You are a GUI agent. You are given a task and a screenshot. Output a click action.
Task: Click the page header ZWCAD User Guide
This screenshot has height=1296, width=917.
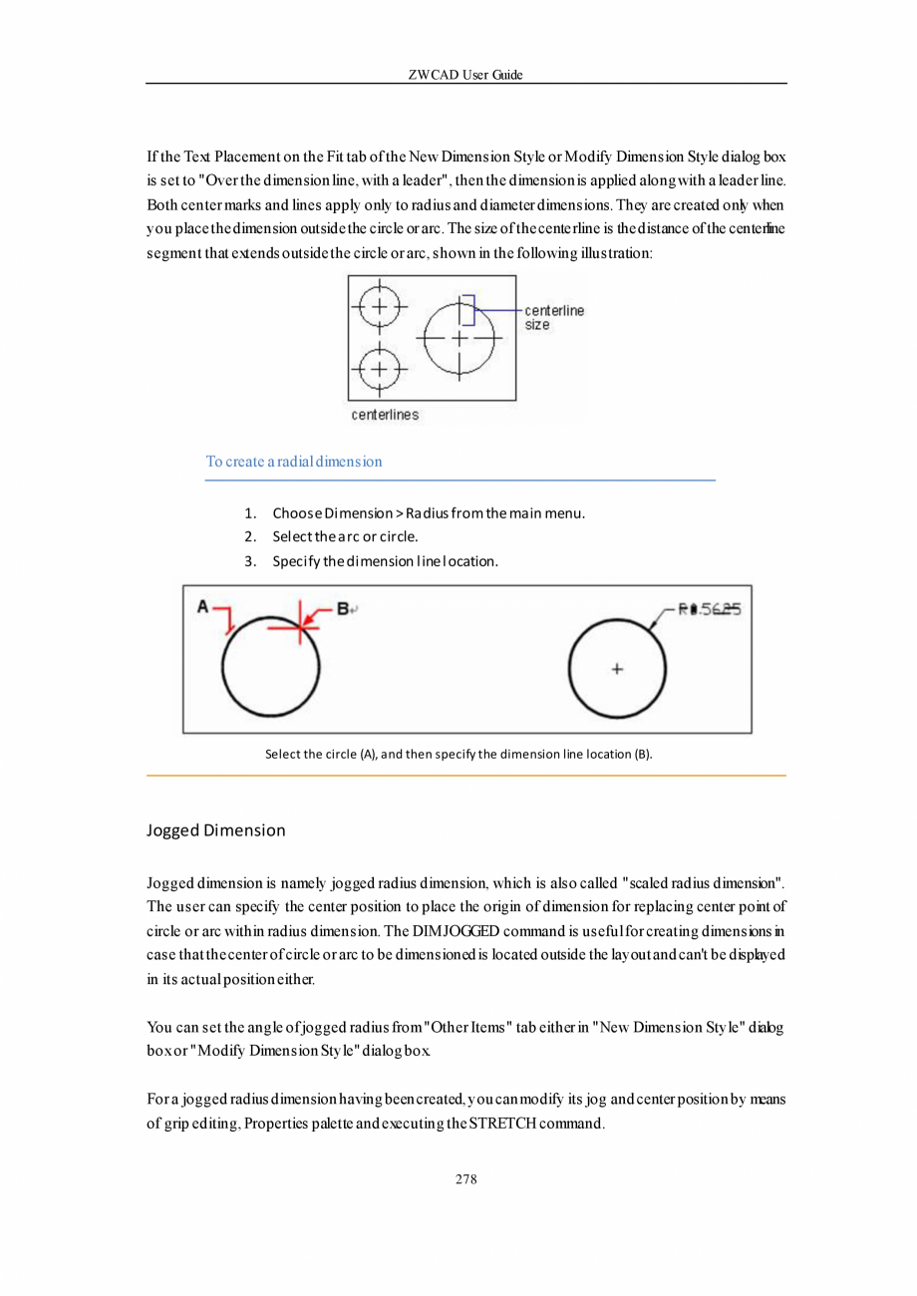coord(465,76)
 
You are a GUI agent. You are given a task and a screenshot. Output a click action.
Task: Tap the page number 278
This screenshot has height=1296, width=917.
coord(465,1179)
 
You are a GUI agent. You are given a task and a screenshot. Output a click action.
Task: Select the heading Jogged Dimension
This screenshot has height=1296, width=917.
coord(215,829)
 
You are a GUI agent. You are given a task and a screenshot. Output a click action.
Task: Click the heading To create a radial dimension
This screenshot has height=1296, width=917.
coord(294,462)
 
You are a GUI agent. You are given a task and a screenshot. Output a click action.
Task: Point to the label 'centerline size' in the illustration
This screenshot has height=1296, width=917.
coord(554,317)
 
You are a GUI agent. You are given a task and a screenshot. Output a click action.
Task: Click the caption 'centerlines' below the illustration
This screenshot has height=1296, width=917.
coord(385,414)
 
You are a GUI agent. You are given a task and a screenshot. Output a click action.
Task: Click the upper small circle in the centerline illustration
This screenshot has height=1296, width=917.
coord(377,306)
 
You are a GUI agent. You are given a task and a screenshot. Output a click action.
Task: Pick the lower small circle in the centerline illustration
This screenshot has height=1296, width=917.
coord(377,370)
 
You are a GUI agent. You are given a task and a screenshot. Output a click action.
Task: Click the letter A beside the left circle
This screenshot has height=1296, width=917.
coord(202,605)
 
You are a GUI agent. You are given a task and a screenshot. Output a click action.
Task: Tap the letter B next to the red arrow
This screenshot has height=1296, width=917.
coord(342,606)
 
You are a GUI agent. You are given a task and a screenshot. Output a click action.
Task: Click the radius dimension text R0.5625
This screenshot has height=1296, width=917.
coord(710,609)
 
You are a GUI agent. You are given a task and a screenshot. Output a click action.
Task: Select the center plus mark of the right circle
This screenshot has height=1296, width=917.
coord(617,669)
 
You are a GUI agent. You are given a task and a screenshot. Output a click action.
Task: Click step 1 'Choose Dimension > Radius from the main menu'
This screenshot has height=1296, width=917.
coord(429,513)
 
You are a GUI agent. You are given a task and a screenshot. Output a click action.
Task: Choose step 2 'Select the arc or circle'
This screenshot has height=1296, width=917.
coord(345,537)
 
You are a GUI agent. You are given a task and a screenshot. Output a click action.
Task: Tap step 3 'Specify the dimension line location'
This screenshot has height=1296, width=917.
coord(385,561)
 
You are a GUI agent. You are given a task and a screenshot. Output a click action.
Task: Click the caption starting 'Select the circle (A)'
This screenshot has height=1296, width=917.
coord(458,754)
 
